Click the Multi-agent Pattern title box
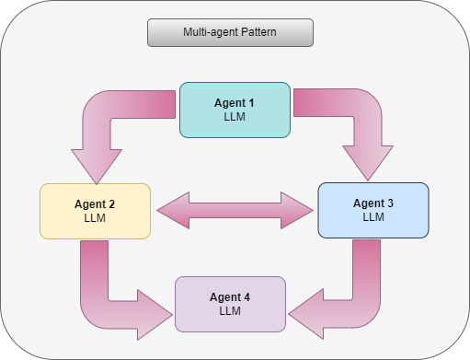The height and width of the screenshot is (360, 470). point(230,32)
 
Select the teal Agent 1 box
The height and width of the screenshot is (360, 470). point(235,110)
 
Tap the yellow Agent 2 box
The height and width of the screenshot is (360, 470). point(96,211)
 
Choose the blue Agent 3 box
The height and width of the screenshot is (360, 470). point(373,210)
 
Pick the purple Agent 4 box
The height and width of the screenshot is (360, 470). point(230,304)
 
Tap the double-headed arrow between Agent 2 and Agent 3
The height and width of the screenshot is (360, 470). point(235,211)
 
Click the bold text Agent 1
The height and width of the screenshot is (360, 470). point(235,103)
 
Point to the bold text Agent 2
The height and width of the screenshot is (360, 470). point(96,203)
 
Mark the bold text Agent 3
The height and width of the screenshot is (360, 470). point(373,203)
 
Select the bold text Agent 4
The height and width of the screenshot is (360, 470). point(230,296)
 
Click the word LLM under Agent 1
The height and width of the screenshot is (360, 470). point(235,119)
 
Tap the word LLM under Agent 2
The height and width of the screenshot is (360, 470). point(96,219)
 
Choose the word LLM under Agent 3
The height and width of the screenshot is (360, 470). point(373,218)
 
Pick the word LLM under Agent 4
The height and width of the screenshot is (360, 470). point(230,312)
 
